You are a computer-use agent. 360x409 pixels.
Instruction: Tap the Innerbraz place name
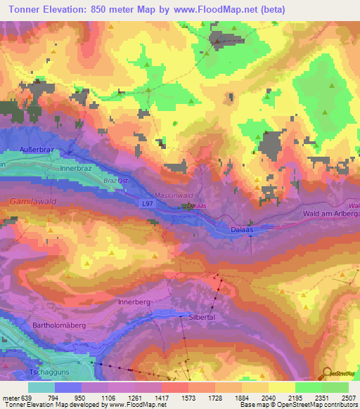pyautogui.click(x=77, y=169)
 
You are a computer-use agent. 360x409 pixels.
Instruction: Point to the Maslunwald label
pyautogui.click(x=173, y=195)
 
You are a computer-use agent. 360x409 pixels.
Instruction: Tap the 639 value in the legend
pyautogui.click(x=27, y=397)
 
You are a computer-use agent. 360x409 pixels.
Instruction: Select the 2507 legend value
pyautogui.click(x=349, y=397)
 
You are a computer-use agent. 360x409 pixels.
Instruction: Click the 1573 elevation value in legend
pyautogui.click(x=188, y=397)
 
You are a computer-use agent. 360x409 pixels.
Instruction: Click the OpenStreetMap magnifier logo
pyautogui.click(x=325, y=374)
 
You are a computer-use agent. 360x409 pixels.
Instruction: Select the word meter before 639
pyautogui.click(x=11, y=397)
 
